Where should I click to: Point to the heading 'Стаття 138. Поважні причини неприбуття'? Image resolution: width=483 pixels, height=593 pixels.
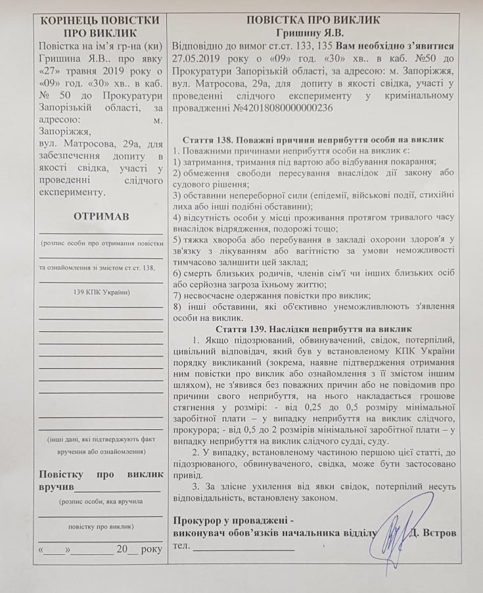click(x=312, y=139)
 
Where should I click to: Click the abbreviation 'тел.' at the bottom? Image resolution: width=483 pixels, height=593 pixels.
click(x=181, y=546)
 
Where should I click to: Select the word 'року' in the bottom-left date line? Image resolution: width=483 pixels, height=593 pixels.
click(x=151, y=548)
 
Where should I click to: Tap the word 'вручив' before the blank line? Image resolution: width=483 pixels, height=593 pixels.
click(x=57, y=487)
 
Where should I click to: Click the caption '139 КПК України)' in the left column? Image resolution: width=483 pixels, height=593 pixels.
click(x=101, y=291)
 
